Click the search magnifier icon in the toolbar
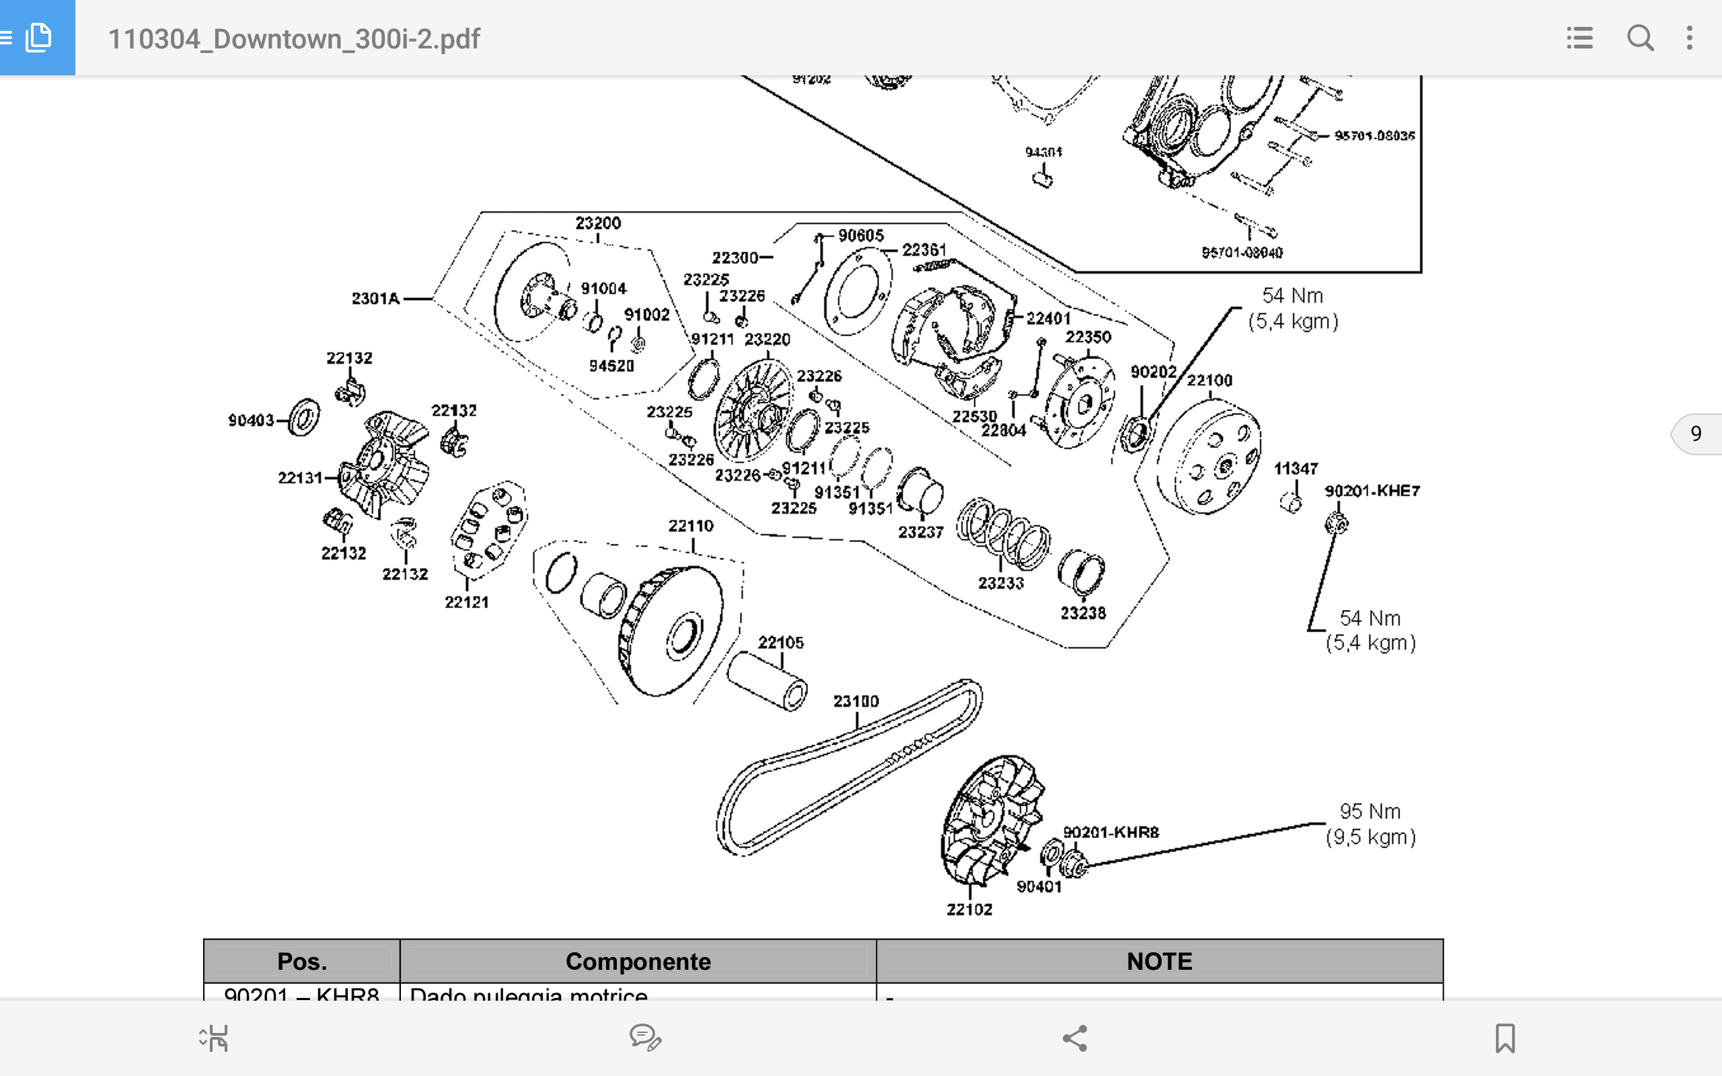1639,38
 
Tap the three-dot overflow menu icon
1689,38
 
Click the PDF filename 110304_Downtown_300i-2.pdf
294,38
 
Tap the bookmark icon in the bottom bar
1505,1038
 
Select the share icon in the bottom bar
1074,1038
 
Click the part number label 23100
856,701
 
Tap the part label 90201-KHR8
1111,832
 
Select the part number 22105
780,643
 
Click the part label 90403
250,420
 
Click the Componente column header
638,962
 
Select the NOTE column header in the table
1159,962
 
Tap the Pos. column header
302,962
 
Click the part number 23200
598,223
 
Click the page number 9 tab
1697,433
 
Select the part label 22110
690,526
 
